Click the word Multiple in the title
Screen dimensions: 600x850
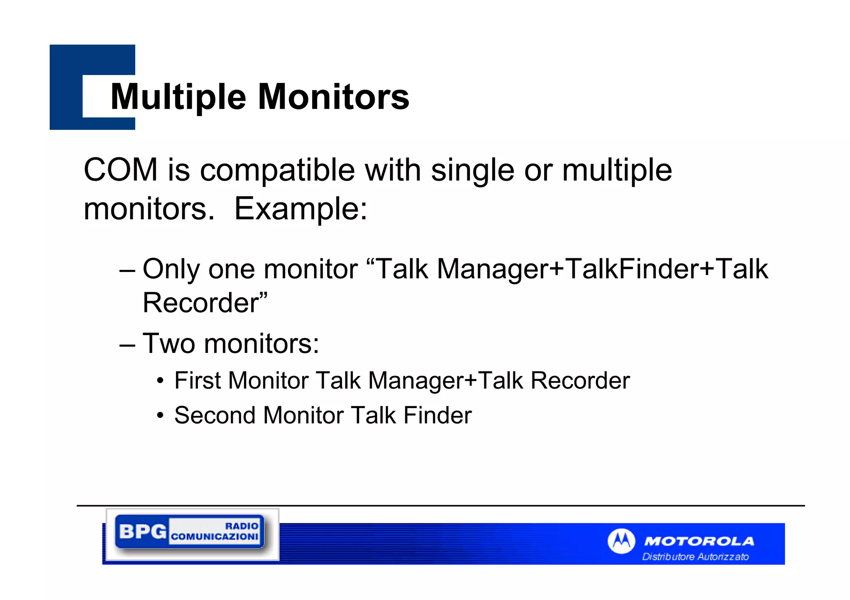click(178, 97)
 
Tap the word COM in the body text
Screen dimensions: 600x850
click(120, 170)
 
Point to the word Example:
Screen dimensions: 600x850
click(301, 209)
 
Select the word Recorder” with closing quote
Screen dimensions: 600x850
click(205, 303)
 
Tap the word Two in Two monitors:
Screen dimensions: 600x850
click(169, 344)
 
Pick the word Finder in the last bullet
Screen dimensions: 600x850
click(437, 415)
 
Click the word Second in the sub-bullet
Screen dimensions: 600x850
click(215, 415)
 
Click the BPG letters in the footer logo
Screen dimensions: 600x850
click(142, 531)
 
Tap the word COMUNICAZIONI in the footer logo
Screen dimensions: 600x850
click(215, 537)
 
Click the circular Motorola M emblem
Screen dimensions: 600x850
click(621, 541)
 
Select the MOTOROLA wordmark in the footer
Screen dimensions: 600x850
click(699, 541)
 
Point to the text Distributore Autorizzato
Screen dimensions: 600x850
click(695, 556)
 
